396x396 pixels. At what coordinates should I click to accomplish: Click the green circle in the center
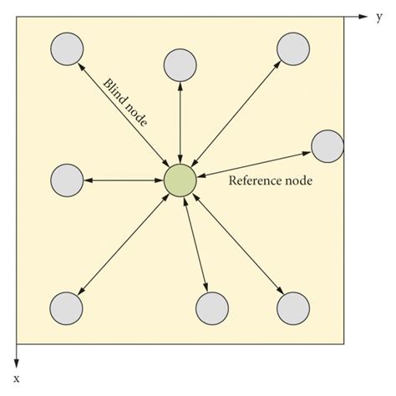(180, 180)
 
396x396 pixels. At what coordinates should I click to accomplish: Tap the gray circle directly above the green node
(180, 64)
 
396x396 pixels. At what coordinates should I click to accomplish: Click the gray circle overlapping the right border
(327, 145)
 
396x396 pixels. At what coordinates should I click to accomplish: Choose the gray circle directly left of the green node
(67, 180)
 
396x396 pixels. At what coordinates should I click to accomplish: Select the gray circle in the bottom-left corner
(67, 308)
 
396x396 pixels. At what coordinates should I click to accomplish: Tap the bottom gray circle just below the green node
(211, 308)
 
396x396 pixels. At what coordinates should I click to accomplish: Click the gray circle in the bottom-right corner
(292, 308)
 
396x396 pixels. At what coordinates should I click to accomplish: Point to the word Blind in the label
(115, 91)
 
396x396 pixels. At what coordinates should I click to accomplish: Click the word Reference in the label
(256, 180)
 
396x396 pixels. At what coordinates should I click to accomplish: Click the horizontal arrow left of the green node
(123, 180)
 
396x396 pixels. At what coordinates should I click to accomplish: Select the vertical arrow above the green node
(180, 122)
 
